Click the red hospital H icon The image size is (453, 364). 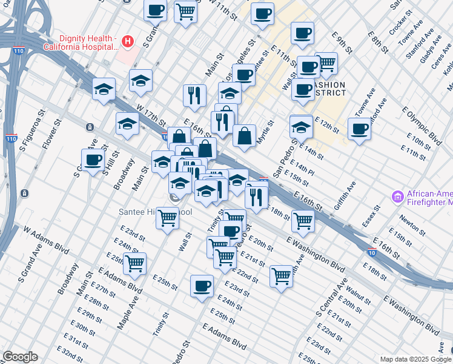(x=127, y=41)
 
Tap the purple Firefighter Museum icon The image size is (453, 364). (x=397, y=197)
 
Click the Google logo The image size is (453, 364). (x=21, y=357)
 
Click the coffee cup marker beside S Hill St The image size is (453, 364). (x=93, y=160)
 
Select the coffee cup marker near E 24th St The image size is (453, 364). (x=202, y=286)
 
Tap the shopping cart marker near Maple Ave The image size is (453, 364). (x=134, y=263)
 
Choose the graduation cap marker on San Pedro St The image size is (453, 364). (x=301, y=127)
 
